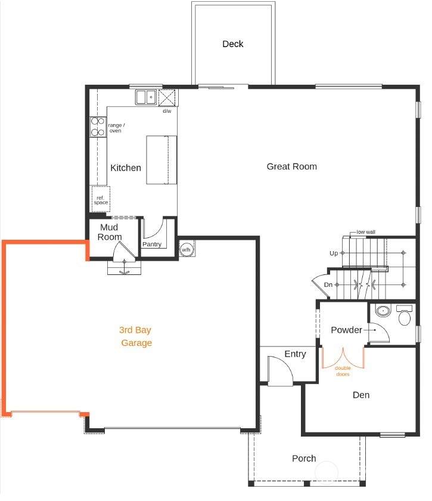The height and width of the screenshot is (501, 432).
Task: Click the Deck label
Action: pos(233,44)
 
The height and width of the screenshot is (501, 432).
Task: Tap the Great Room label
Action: pos(291,166)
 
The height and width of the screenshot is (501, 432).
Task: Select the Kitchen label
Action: pos(126,168)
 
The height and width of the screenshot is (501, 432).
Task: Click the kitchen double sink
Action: pos(146,97)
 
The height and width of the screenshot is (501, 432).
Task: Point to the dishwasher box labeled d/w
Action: pos(167,98)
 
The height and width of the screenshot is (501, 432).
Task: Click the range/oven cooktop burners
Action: pos(98,126)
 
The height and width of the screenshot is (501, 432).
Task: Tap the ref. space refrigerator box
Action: pos(101,199)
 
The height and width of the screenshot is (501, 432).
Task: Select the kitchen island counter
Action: pos(161,160)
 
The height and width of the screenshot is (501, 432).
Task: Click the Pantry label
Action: pos(152,244)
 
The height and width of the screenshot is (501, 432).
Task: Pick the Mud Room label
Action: pos(110,232)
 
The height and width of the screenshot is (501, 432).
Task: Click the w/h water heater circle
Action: pos(186,249)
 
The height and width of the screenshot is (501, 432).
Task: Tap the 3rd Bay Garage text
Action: pos(135,336)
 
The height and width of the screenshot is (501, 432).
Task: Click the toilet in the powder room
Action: pos(405,316)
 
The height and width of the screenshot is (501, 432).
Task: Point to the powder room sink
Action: pos(383,311)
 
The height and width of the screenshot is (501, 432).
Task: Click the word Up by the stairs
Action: pos(334,253)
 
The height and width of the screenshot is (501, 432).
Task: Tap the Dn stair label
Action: pos(328,284)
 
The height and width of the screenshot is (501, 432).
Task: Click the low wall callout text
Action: pos(366,232)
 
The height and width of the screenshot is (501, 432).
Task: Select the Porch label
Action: pos(304,459)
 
